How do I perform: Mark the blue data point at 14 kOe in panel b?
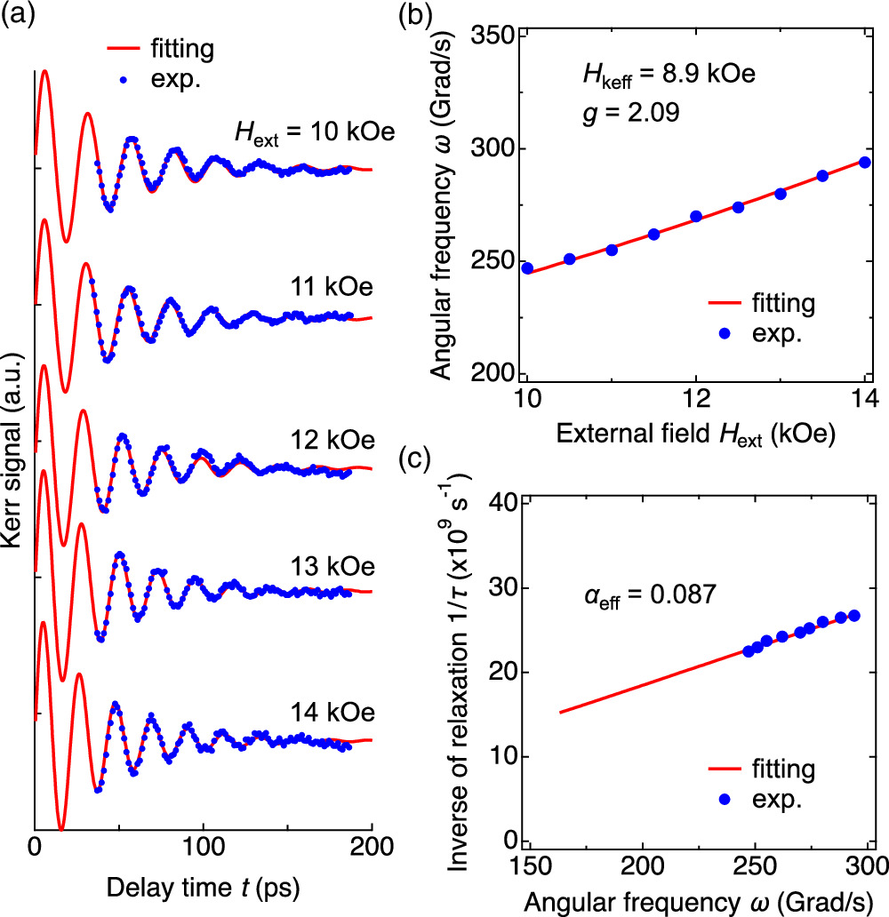pos(865,162)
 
